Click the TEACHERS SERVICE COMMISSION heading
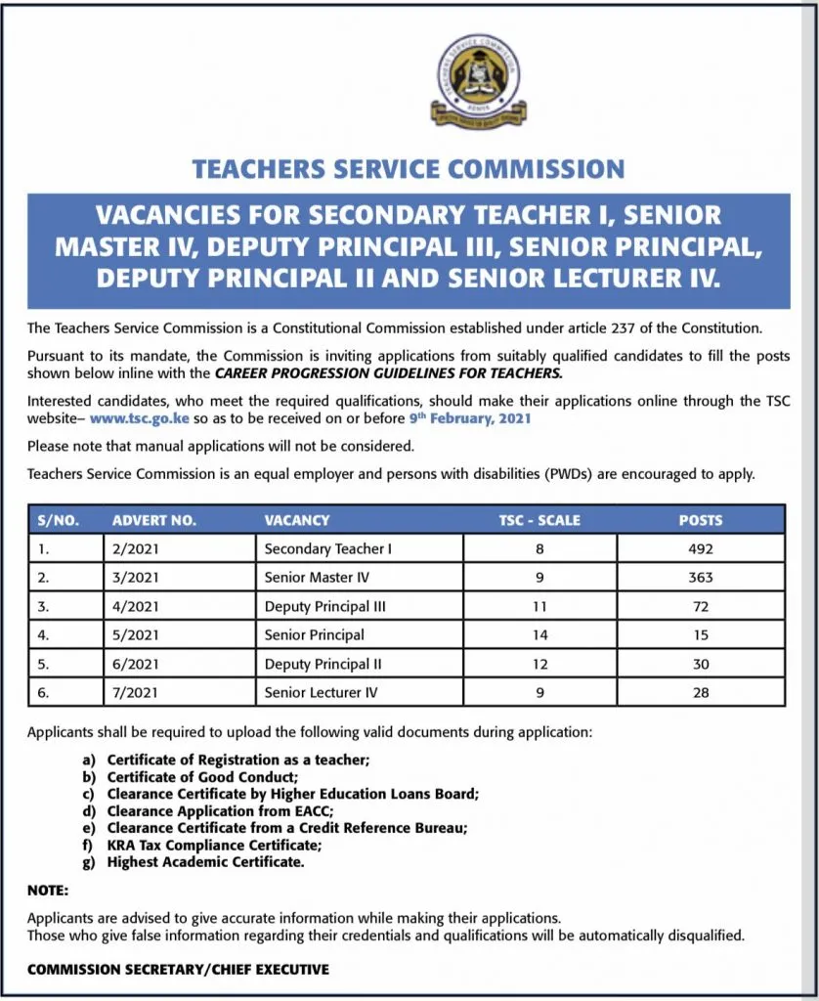pyautogui.click(x=409, y=168)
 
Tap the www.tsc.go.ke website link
pyautogui.click(x=139, y=418)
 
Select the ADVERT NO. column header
pyautogui.click(x=154, y=520)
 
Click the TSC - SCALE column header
pyautogui.click(x=539, y=520)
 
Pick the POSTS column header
pyautogui.click(x=700, y=520)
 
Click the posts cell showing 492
pyautogui.click(x=700, y=549)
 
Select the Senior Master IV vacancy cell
pyautogui.click(x=317, y=578)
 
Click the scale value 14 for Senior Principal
pyautogui.click(x=539, y=634)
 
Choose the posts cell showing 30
pyautogui.click(x=700, y=664)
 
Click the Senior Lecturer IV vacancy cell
pyautogui.click(x=321, y=692)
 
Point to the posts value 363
pyautogui.click(x=700, y=578)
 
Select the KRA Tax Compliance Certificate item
pyautogui.click(x=214, y=846)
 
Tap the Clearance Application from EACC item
pyautogui.click(x=220, y=811)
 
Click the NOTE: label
pyautogui.click(x=48, y=891)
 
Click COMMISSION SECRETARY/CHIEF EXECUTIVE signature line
pyautogui.click(x=178, y=970)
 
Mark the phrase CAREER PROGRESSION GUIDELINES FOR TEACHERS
pyautogui.click(x=389, y=373)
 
